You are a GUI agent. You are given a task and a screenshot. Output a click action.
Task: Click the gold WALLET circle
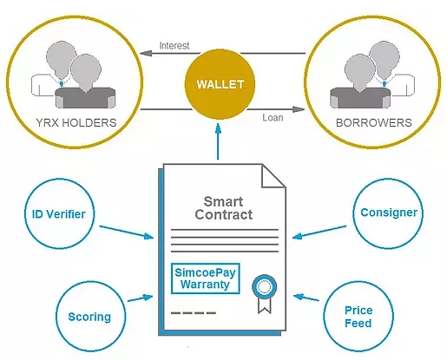(220, 84)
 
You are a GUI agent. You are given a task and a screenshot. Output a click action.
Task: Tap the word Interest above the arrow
(174, 45)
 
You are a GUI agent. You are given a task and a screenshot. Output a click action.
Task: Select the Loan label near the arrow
(273, 117)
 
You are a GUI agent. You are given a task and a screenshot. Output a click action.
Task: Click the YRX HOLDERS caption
(76, 122)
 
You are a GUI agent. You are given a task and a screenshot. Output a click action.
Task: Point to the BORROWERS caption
(373, 122)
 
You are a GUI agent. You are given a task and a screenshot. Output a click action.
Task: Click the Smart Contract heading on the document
(223, 208)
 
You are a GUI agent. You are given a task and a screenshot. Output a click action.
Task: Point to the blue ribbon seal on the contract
(265, 294)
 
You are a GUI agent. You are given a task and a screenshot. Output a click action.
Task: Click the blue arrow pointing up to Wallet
(218, 141)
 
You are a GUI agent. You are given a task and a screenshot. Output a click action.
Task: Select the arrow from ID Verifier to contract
(127, 232)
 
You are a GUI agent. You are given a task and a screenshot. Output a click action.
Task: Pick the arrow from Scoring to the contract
(140, 298)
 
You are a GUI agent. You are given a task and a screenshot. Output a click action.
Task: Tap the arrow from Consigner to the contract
(319, 232)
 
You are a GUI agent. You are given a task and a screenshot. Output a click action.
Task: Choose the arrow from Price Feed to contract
(306, 298)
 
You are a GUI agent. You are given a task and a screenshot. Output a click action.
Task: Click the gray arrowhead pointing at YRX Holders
(146, 53)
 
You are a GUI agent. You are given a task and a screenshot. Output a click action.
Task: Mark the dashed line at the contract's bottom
(194, 313)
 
